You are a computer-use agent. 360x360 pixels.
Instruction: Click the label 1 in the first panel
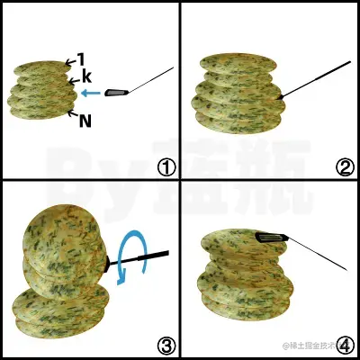click(x=80, y=58)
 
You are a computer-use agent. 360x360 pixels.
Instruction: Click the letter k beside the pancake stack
click(x=86, y=76)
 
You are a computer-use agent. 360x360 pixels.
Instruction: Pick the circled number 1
click(x=165, y=166)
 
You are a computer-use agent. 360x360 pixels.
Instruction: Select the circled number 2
click(x=343, y=166)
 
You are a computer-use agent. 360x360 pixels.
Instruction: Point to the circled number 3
click(x=165, y=344)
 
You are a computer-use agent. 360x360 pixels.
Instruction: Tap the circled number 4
click(x=343, y=344)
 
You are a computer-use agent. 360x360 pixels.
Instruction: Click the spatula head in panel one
click(x=117, y=92)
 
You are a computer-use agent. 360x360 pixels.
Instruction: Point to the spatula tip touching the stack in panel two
click(x=282, y=96)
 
